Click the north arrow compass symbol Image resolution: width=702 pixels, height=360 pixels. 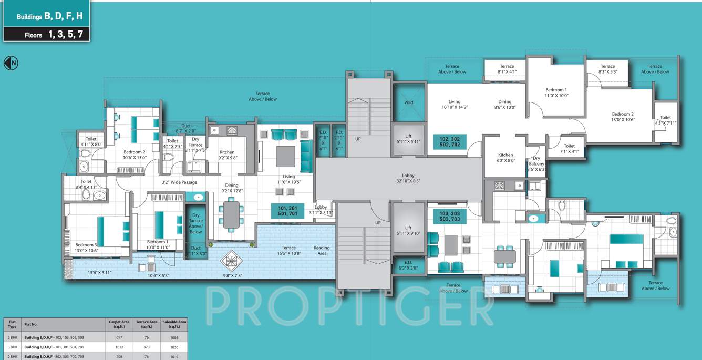point(11,63)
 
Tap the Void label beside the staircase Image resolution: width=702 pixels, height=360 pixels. point(408,102)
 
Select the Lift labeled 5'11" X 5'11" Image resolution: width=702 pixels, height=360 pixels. point(408,139)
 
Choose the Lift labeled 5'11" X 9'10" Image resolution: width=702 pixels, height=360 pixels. point(408,231)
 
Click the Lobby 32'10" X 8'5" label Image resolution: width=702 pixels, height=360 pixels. point(408,178)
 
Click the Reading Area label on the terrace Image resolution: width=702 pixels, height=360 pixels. point(322,251)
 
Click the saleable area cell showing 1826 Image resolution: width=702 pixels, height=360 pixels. point(174,347)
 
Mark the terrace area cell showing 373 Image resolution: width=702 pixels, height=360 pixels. point(146,347)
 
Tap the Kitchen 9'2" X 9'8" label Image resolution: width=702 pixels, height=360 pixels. point(227,155)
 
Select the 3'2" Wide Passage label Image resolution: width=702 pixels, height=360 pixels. point(179,183)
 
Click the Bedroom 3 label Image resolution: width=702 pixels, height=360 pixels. point(86,248)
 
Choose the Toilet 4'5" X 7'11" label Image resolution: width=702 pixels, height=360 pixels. point(665,120)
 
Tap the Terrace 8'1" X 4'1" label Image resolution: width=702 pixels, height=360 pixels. point(507,69)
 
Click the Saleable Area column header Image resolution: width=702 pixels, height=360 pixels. point(174,324)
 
